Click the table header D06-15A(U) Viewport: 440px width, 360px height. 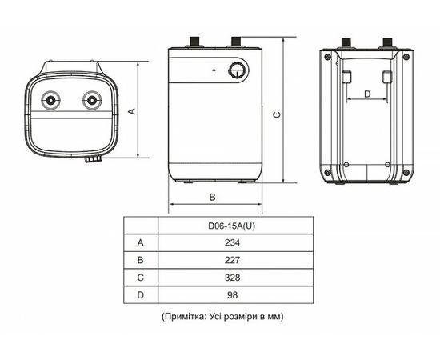click(233, 225)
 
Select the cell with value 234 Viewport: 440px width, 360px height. click(233, 242)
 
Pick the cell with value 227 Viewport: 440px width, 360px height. click(233, 259)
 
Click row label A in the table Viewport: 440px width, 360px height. click(140, 242)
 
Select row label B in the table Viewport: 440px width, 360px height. click(140, 259)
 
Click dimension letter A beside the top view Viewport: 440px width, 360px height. click(131, 111)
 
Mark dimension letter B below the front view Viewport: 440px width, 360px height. click(212, 197)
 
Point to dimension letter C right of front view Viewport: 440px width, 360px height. click(276, 114)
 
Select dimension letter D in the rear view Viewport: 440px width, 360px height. click(366, 94)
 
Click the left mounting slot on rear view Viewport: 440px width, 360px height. click(347, 77)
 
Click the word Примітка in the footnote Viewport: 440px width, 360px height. click(186, 316)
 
